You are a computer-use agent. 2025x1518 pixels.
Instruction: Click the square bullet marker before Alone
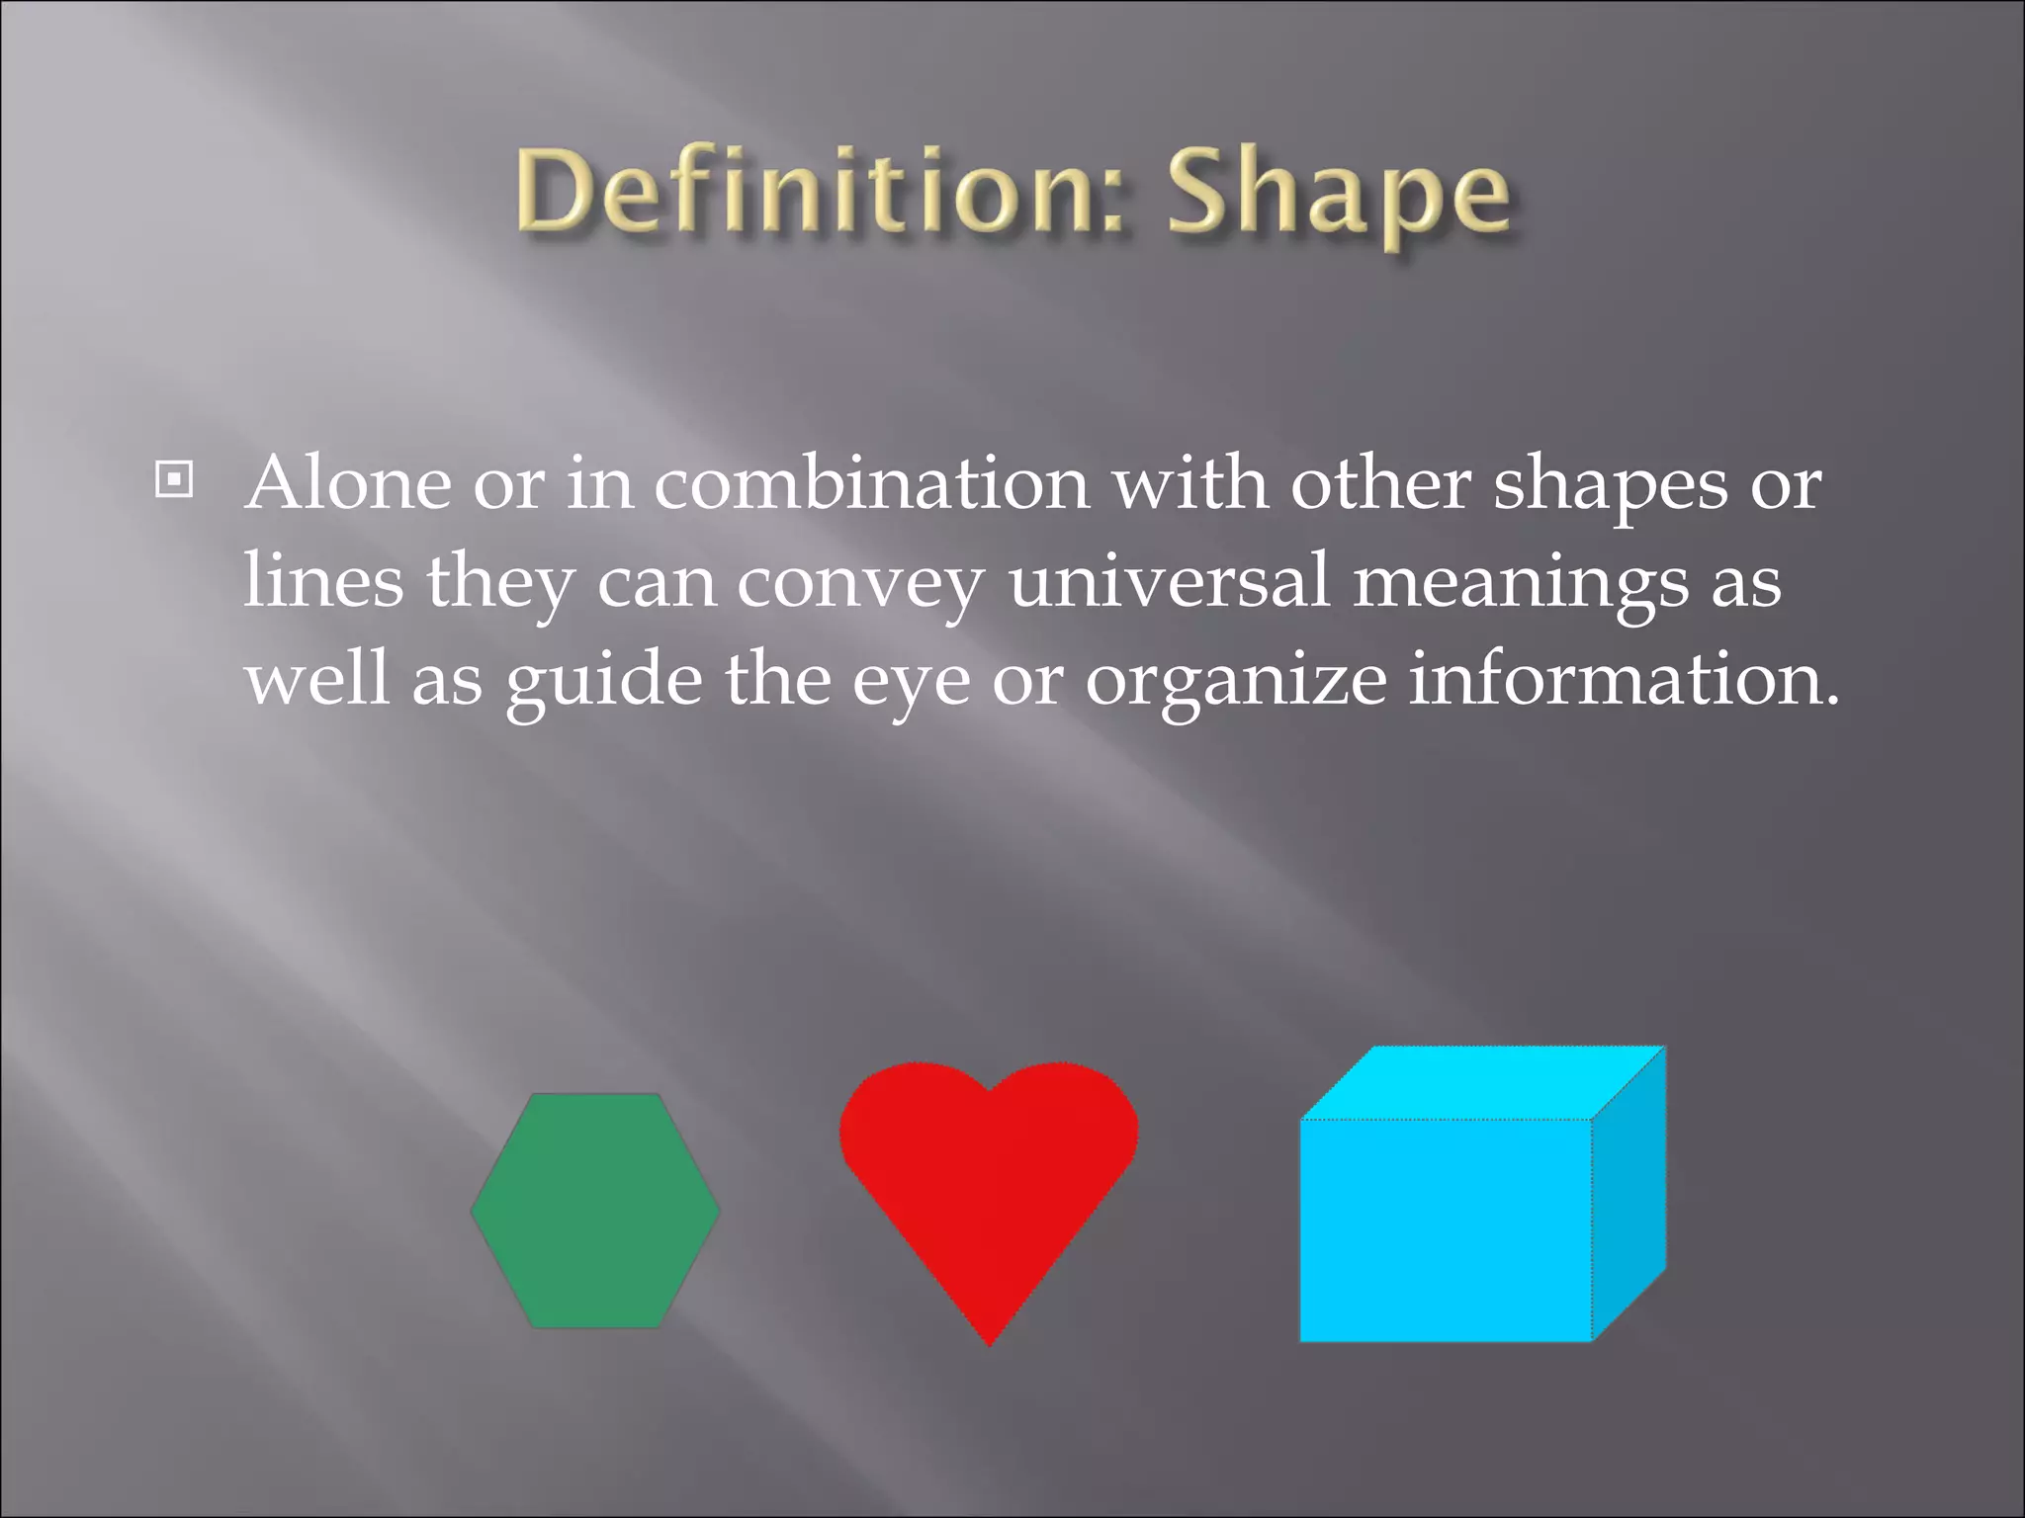[x=174, y=480]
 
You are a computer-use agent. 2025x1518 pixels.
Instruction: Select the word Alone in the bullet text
[x=348, y=484]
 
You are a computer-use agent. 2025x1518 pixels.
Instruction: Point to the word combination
[x=871, y=484]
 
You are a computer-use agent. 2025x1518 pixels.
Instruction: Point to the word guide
[x=604, y=682]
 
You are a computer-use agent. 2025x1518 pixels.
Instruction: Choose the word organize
[x=1236, y=682]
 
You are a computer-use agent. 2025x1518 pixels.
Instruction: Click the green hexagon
[x=595, y=1211]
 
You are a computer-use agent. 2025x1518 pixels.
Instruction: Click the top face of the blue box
[x=1483, y=1083]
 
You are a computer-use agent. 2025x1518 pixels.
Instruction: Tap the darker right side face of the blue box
[x=1629, y=1196]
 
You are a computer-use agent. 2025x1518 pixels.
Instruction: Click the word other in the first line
[x=1380, y=484]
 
